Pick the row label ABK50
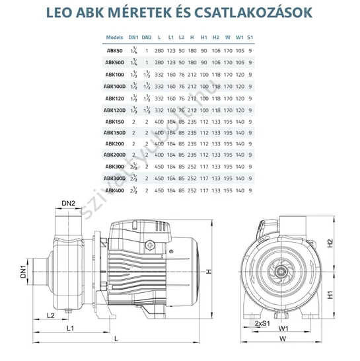pyautogui.click(x=114, y=50)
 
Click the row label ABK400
pyautogui.click(x=114, y=190)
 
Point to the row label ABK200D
pyautogui.click(x=114, y=155)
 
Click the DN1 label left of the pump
pyautogui.click(x=24, y=271)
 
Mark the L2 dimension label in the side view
pyautogui.click(x=50, y=315)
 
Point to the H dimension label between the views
pyautogui.click(x=209, y=272)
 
